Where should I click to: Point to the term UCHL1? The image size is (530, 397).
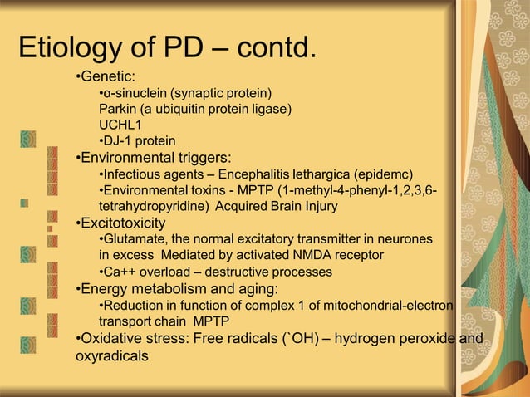(119, 125)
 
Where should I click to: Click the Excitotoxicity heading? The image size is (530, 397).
(121, 223)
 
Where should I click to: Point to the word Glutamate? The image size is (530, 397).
(135, 239)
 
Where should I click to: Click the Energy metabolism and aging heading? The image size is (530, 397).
(178, 289)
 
